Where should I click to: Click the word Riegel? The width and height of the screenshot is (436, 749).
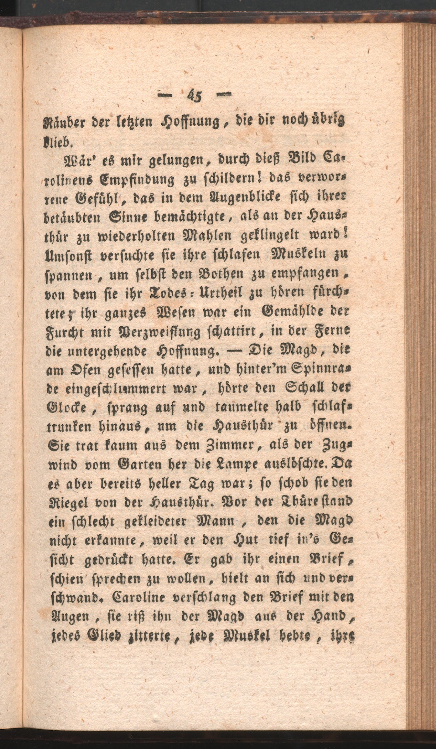66,503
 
